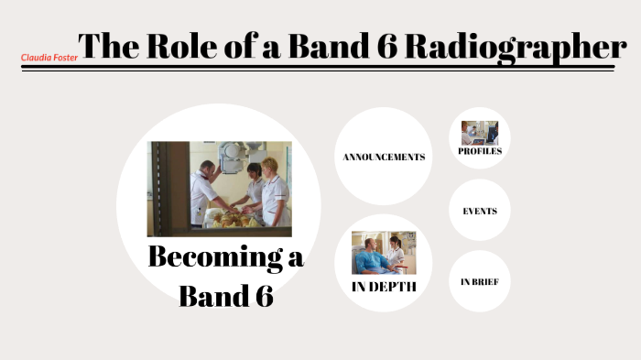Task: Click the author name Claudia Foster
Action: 49,57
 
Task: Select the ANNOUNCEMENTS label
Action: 384,157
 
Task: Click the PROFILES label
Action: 479,151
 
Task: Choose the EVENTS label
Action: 480,211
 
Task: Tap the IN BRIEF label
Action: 479,281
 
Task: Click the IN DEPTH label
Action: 384,287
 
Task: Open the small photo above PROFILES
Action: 479,132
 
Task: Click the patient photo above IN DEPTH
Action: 384,252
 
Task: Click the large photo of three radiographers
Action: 220,189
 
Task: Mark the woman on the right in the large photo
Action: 273,191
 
